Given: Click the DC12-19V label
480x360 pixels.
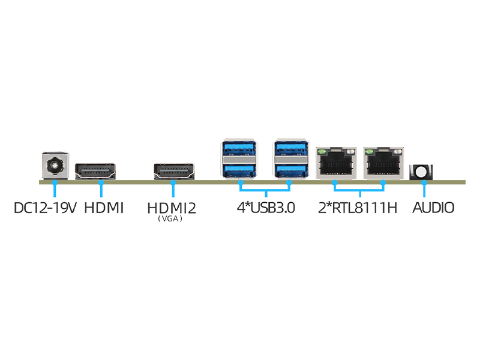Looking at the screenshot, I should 46,208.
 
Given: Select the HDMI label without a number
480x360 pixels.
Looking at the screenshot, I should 104,208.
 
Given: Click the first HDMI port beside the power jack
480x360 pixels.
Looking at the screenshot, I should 96,171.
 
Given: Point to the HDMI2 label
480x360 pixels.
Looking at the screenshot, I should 172,208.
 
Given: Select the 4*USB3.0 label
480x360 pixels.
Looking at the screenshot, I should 265,208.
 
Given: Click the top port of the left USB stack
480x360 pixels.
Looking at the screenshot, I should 239,149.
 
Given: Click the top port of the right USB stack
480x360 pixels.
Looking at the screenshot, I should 290,149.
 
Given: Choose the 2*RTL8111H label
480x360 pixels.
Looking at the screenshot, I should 358,208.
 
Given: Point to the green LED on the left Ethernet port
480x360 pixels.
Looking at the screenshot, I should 322,152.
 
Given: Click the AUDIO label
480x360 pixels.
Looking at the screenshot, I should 434,208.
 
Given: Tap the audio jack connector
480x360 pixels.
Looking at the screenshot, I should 421,172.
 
